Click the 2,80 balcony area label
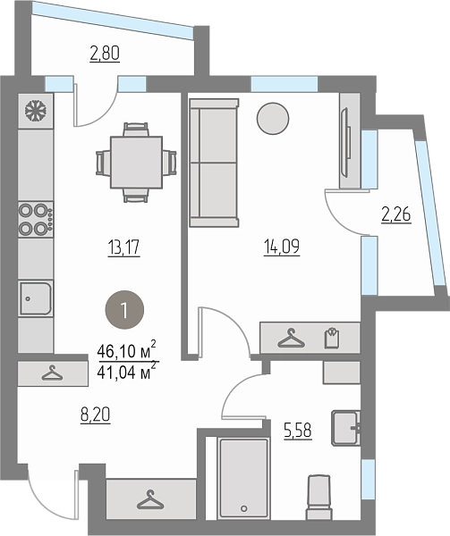105,54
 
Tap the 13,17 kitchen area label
123,247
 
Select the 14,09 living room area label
282,247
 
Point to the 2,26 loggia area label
396,215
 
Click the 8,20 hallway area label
96,415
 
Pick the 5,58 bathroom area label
298,431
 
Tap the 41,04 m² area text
127,370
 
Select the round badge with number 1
124,310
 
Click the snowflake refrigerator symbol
36,111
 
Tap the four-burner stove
36,219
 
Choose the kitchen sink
36,298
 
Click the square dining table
136,163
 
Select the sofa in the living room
214,163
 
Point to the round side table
273,119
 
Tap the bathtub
243,478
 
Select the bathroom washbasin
345,428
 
